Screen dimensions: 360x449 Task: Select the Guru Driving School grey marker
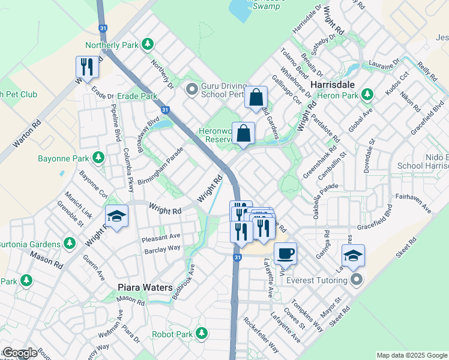pyautogui.click(x=191, y=90)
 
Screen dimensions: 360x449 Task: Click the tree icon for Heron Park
pyautogui.click(x=369, y=95)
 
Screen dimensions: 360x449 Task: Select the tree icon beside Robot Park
pyautogui.click(x=201, y=333)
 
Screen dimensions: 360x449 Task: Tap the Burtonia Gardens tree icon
pyautogui.click(x=70, y=244)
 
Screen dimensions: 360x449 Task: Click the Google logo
pyautogui.click(x=19, y=353)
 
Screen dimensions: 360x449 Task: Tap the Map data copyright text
pyautogui.click(x=412, y=355)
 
